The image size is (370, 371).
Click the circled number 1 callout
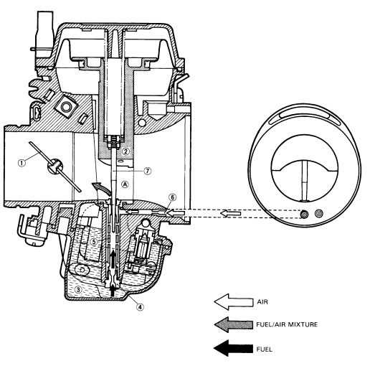pos(22,164)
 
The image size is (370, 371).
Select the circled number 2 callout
pos(125,151)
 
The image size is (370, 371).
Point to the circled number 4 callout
pos(140,306)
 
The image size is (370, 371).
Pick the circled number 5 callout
pos(94,242)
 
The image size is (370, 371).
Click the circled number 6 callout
pos(172,197)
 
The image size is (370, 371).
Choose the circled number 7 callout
pos(148,171)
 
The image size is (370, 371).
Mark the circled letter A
pos(125,184)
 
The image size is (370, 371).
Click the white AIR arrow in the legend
pos(234,302)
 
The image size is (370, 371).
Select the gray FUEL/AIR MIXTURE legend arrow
pos(234,324)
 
